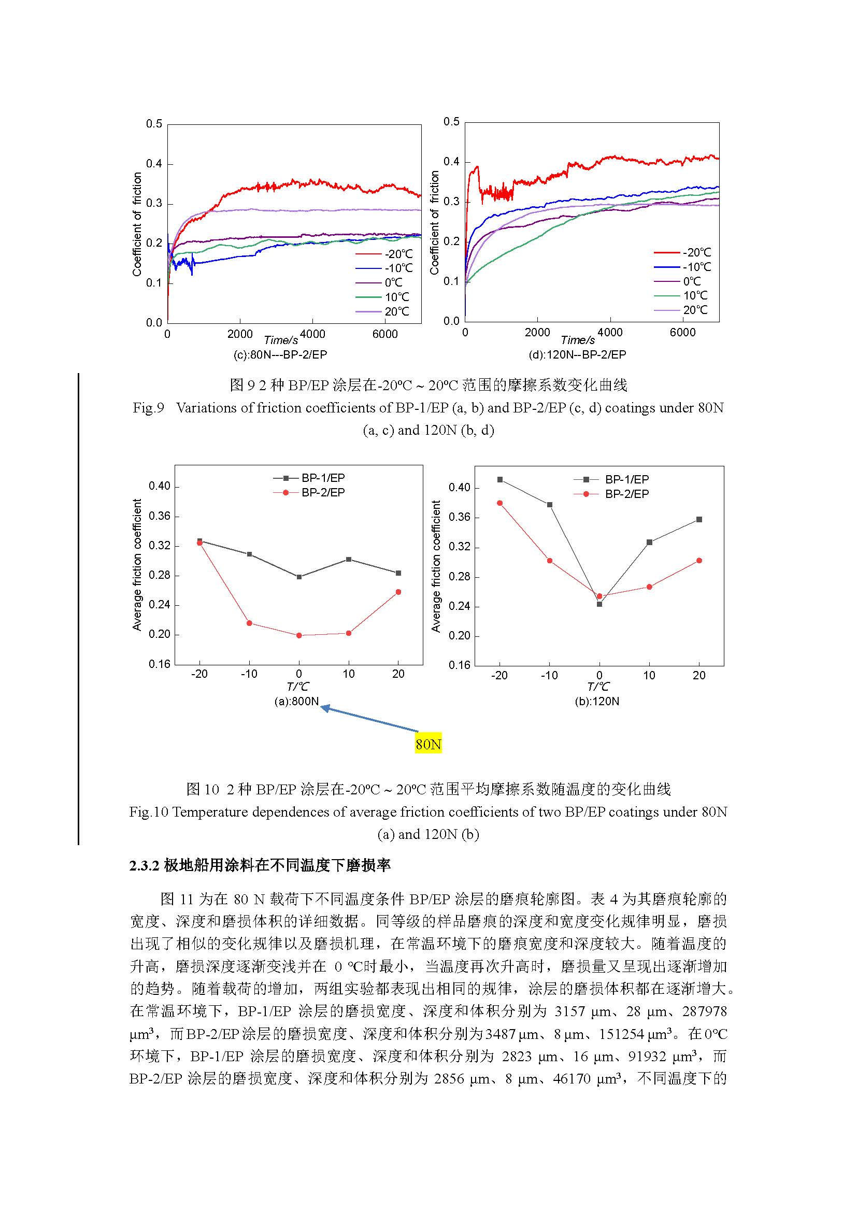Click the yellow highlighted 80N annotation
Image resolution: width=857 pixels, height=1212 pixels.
428,744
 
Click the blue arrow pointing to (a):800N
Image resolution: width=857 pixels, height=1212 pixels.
369,719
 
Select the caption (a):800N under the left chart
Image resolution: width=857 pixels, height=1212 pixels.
296,702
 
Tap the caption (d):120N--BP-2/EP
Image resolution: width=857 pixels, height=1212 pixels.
577,355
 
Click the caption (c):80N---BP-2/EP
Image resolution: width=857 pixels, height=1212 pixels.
280,355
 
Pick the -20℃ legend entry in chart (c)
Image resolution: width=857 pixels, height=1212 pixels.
384,254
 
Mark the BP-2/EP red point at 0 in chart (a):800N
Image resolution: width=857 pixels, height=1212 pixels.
299,636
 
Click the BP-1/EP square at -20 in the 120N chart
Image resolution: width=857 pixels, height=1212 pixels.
499,479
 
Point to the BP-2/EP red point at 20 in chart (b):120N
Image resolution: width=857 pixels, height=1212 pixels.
699,561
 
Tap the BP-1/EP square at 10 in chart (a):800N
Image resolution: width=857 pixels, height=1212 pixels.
349,559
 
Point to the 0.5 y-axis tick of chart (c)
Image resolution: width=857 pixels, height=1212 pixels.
154,124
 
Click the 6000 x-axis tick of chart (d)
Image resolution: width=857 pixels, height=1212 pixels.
682,333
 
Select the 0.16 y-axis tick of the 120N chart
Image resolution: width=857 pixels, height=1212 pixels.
459,665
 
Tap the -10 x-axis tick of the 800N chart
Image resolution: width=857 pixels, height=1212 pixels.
249,674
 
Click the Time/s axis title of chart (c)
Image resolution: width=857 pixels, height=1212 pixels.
281,340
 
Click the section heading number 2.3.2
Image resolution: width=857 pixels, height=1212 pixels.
145,866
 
